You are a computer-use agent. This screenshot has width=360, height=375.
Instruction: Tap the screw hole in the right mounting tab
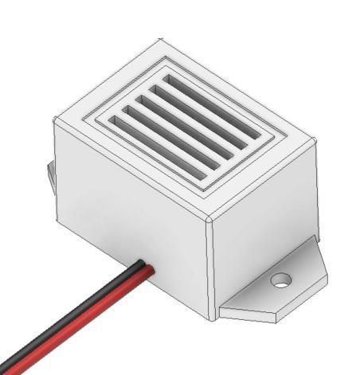(x=280, y=279)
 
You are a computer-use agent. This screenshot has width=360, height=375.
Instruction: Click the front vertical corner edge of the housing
(x=211, y=271)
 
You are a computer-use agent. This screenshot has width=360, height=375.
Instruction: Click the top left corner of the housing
(x=54, y=122)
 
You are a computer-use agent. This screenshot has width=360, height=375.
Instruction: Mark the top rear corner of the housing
(x=162, y=39)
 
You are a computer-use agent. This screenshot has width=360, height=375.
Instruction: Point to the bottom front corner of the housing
(x=213, y=320)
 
